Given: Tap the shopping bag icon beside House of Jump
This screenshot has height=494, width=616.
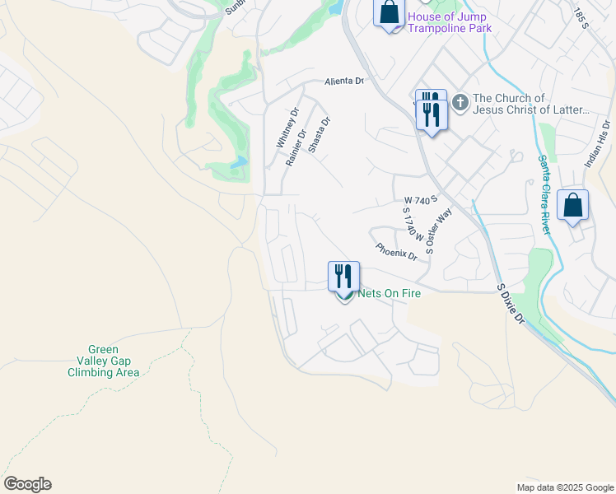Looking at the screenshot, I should coord(390,14).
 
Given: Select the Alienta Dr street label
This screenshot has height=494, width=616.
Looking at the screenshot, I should coord(343,81).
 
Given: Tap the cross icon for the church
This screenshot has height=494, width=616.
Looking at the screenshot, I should coord(460,103).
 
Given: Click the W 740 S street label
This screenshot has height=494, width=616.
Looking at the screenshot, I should coord(419,200).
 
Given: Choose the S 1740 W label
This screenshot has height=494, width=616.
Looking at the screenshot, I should coord(412,223).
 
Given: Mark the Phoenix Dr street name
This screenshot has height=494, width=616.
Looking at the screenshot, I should coord(396,250).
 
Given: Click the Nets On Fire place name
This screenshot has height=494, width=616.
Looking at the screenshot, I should coord(389,293).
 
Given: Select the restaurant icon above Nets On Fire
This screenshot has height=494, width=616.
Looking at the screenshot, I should coord(343,276).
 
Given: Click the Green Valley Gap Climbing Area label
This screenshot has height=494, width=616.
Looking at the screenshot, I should coord(104,361).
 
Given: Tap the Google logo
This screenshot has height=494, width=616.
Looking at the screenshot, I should coord(27,484).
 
